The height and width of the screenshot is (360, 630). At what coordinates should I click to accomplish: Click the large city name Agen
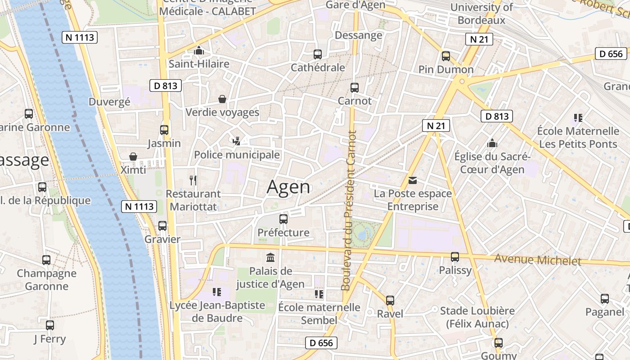[x=288, y=187]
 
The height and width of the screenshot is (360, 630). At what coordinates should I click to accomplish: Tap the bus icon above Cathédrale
[x=318, y=54]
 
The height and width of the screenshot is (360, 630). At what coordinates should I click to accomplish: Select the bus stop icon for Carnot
[x=355, y=88]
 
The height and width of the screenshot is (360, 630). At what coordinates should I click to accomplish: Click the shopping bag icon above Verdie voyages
[x=222, y=99]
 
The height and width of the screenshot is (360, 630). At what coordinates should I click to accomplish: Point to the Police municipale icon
[x=236, y=141]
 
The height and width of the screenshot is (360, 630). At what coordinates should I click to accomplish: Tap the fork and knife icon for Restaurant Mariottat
[x=193, y=180]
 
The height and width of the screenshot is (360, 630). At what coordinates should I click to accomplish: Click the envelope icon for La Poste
[x=413, y=180]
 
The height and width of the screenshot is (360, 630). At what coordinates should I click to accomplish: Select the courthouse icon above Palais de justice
[x=270, y=258]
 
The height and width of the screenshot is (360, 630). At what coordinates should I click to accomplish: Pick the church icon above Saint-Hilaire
[x=199, y=50]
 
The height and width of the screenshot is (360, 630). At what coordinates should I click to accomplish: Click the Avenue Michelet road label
[x=538, y=260]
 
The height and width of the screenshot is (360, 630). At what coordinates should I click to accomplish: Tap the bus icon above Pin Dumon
[x=446, y=56]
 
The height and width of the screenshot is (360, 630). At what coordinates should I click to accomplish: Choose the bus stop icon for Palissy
[x=455, y=257]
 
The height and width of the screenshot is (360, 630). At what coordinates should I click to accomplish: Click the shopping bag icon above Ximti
[x=133, y=157]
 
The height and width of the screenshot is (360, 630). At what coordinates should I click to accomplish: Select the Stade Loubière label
[x=477, y=311]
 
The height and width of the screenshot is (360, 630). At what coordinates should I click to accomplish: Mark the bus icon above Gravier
[x=162, y=226]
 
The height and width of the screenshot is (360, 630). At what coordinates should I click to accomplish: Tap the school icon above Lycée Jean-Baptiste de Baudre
[x=217, y=292]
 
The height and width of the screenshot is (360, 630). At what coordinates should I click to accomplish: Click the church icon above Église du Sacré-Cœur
[x=492, y=143]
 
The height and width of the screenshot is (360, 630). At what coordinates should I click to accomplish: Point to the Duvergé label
[x=109, y=102]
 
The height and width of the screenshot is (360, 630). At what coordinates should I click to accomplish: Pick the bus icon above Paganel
[x=605, y=299]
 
